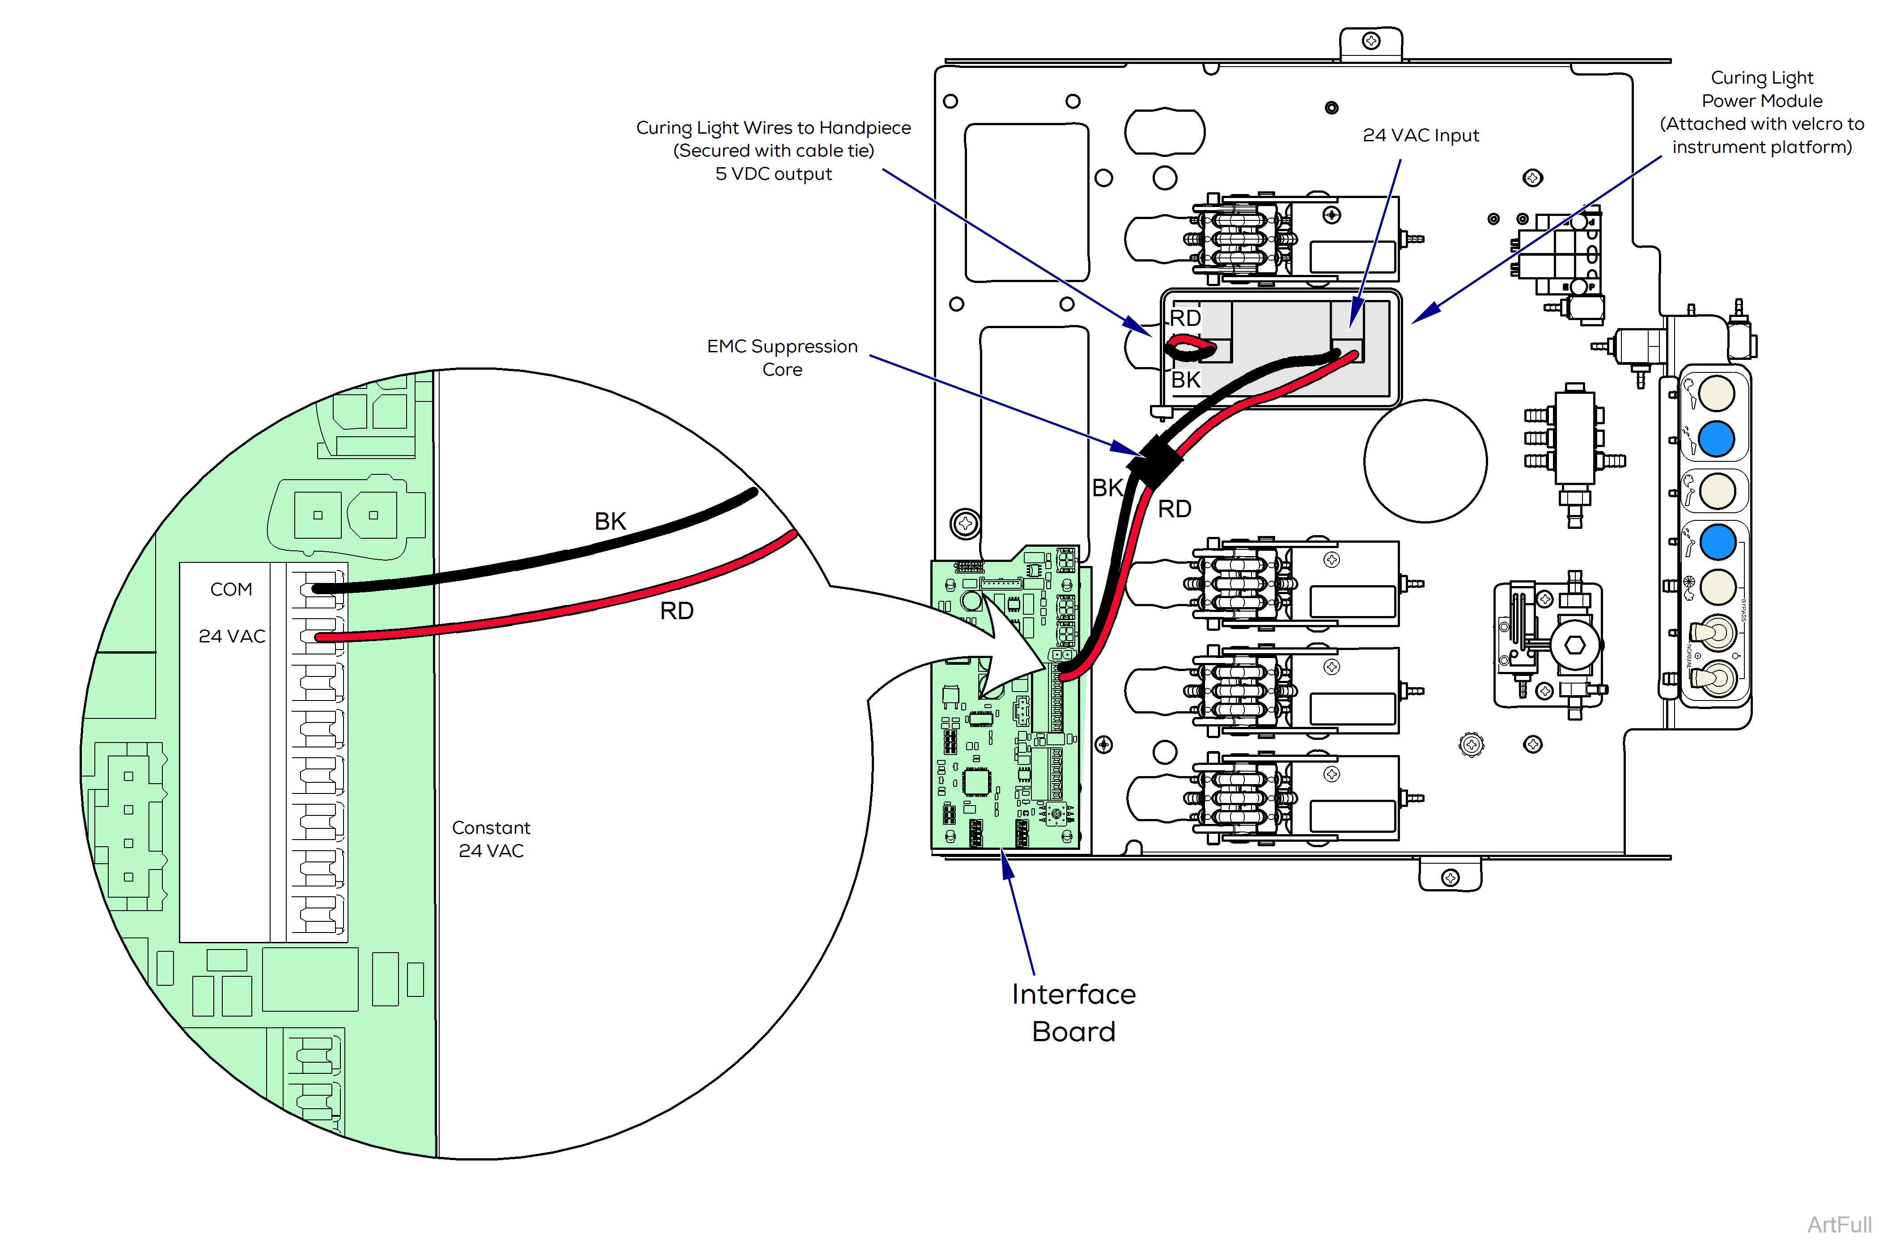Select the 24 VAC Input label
(1421, 135)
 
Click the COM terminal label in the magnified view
(231, 590)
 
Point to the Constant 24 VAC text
(491, 839)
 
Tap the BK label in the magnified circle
(610, 522)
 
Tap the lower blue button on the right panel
(1717, 543)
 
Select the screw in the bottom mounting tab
(1450, 877)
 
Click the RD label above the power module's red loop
(1185, 318)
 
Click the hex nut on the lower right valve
(1574, 645)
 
